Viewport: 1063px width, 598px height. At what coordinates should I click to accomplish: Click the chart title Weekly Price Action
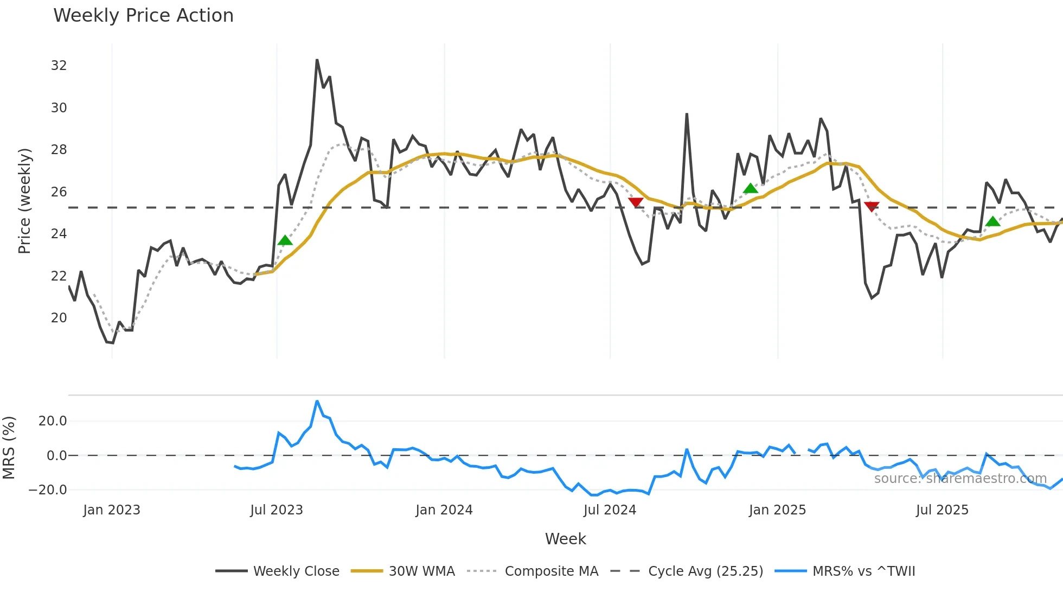[143, 16]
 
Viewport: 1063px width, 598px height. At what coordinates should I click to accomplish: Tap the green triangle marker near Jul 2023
[285, 240]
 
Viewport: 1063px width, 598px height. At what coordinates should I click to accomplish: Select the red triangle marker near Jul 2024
[636, 202]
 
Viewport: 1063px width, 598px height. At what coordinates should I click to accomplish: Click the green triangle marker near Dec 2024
[751, 188]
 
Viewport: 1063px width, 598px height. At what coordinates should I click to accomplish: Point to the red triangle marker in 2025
[872, 206]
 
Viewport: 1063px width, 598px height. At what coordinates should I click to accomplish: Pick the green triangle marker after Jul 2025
[992, 221]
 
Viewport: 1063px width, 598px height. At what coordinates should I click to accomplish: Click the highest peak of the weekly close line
[317, 60]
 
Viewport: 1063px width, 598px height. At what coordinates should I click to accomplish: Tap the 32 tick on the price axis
[59, 66]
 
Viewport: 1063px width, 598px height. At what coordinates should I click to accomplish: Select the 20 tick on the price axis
[59, 318]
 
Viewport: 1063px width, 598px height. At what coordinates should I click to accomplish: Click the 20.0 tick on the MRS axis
[53, 421]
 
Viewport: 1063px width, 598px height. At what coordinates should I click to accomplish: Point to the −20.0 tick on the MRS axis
[48, 490]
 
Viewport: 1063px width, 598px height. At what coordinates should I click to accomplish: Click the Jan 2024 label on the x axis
[444, 510]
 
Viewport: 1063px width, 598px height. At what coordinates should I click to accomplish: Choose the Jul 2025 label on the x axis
[942, 510]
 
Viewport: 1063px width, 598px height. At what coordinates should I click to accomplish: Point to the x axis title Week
[565, 539]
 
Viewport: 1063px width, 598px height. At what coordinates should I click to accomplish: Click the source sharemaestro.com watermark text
[960, 479]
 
